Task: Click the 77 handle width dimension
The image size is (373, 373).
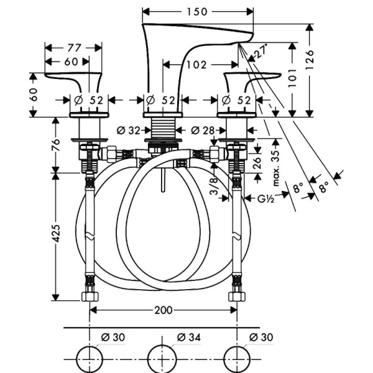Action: tap(73, 47)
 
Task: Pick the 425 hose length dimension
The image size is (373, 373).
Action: tap(57, 234)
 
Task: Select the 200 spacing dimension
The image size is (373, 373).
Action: tap(163, 309)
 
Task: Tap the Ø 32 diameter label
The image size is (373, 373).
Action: tap(129, 130)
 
